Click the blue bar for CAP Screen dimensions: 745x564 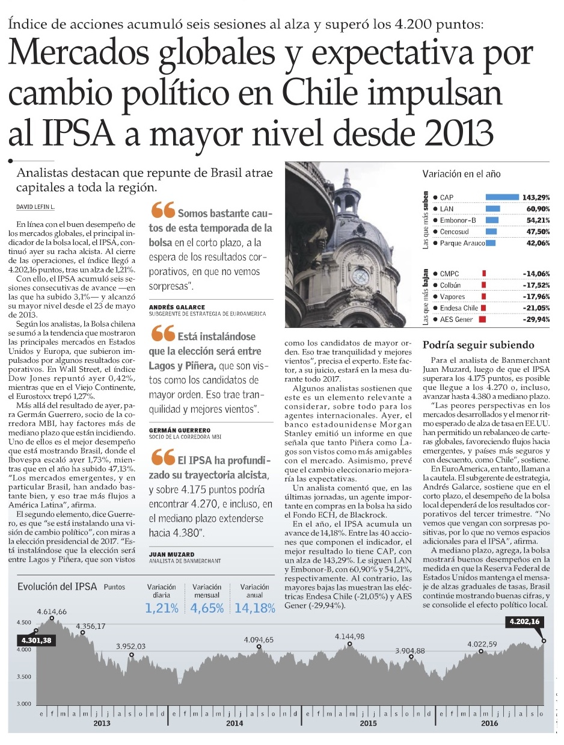pyautogui.click(x=502, y=197)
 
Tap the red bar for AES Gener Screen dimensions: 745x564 pyautogui.click(x=482, y=320)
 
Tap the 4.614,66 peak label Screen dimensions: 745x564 pyautogui.click(x=52, y=611)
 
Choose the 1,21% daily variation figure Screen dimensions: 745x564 pyautogui.click(x=162, y=608)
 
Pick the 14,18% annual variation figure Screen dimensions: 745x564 pyautogui.click(x=255, y=608)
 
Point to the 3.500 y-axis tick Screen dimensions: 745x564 pyautogui.click(x=24, y=677)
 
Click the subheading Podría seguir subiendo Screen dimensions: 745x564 pyautogui.click(x=478, y=345)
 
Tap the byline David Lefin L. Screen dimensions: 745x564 pyautogui.click(x=35, y=207)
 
